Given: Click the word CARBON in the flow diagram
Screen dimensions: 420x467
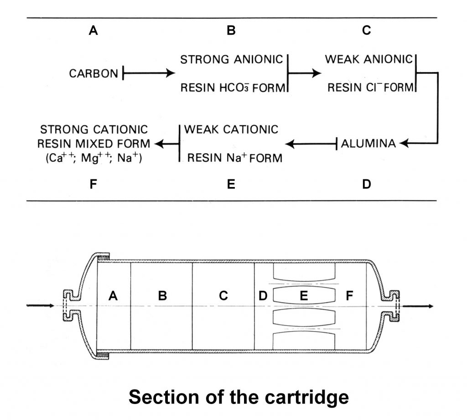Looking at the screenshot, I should click(x=93, y=73).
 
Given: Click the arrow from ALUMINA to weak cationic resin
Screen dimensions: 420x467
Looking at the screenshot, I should click(x=311, y=144).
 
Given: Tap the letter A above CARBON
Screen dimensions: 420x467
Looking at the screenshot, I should click(x=93, y=31).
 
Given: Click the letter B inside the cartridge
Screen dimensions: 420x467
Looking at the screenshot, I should click(x=162, y=296).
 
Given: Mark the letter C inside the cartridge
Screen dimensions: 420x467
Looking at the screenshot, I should click(x=223, y=296).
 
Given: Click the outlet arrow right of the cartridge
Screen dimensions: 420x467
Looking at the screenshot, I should click(x=418, y=305).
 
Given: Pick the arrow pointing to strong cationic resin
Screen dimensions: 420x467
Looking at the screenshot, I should click(x=166, y=144).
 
